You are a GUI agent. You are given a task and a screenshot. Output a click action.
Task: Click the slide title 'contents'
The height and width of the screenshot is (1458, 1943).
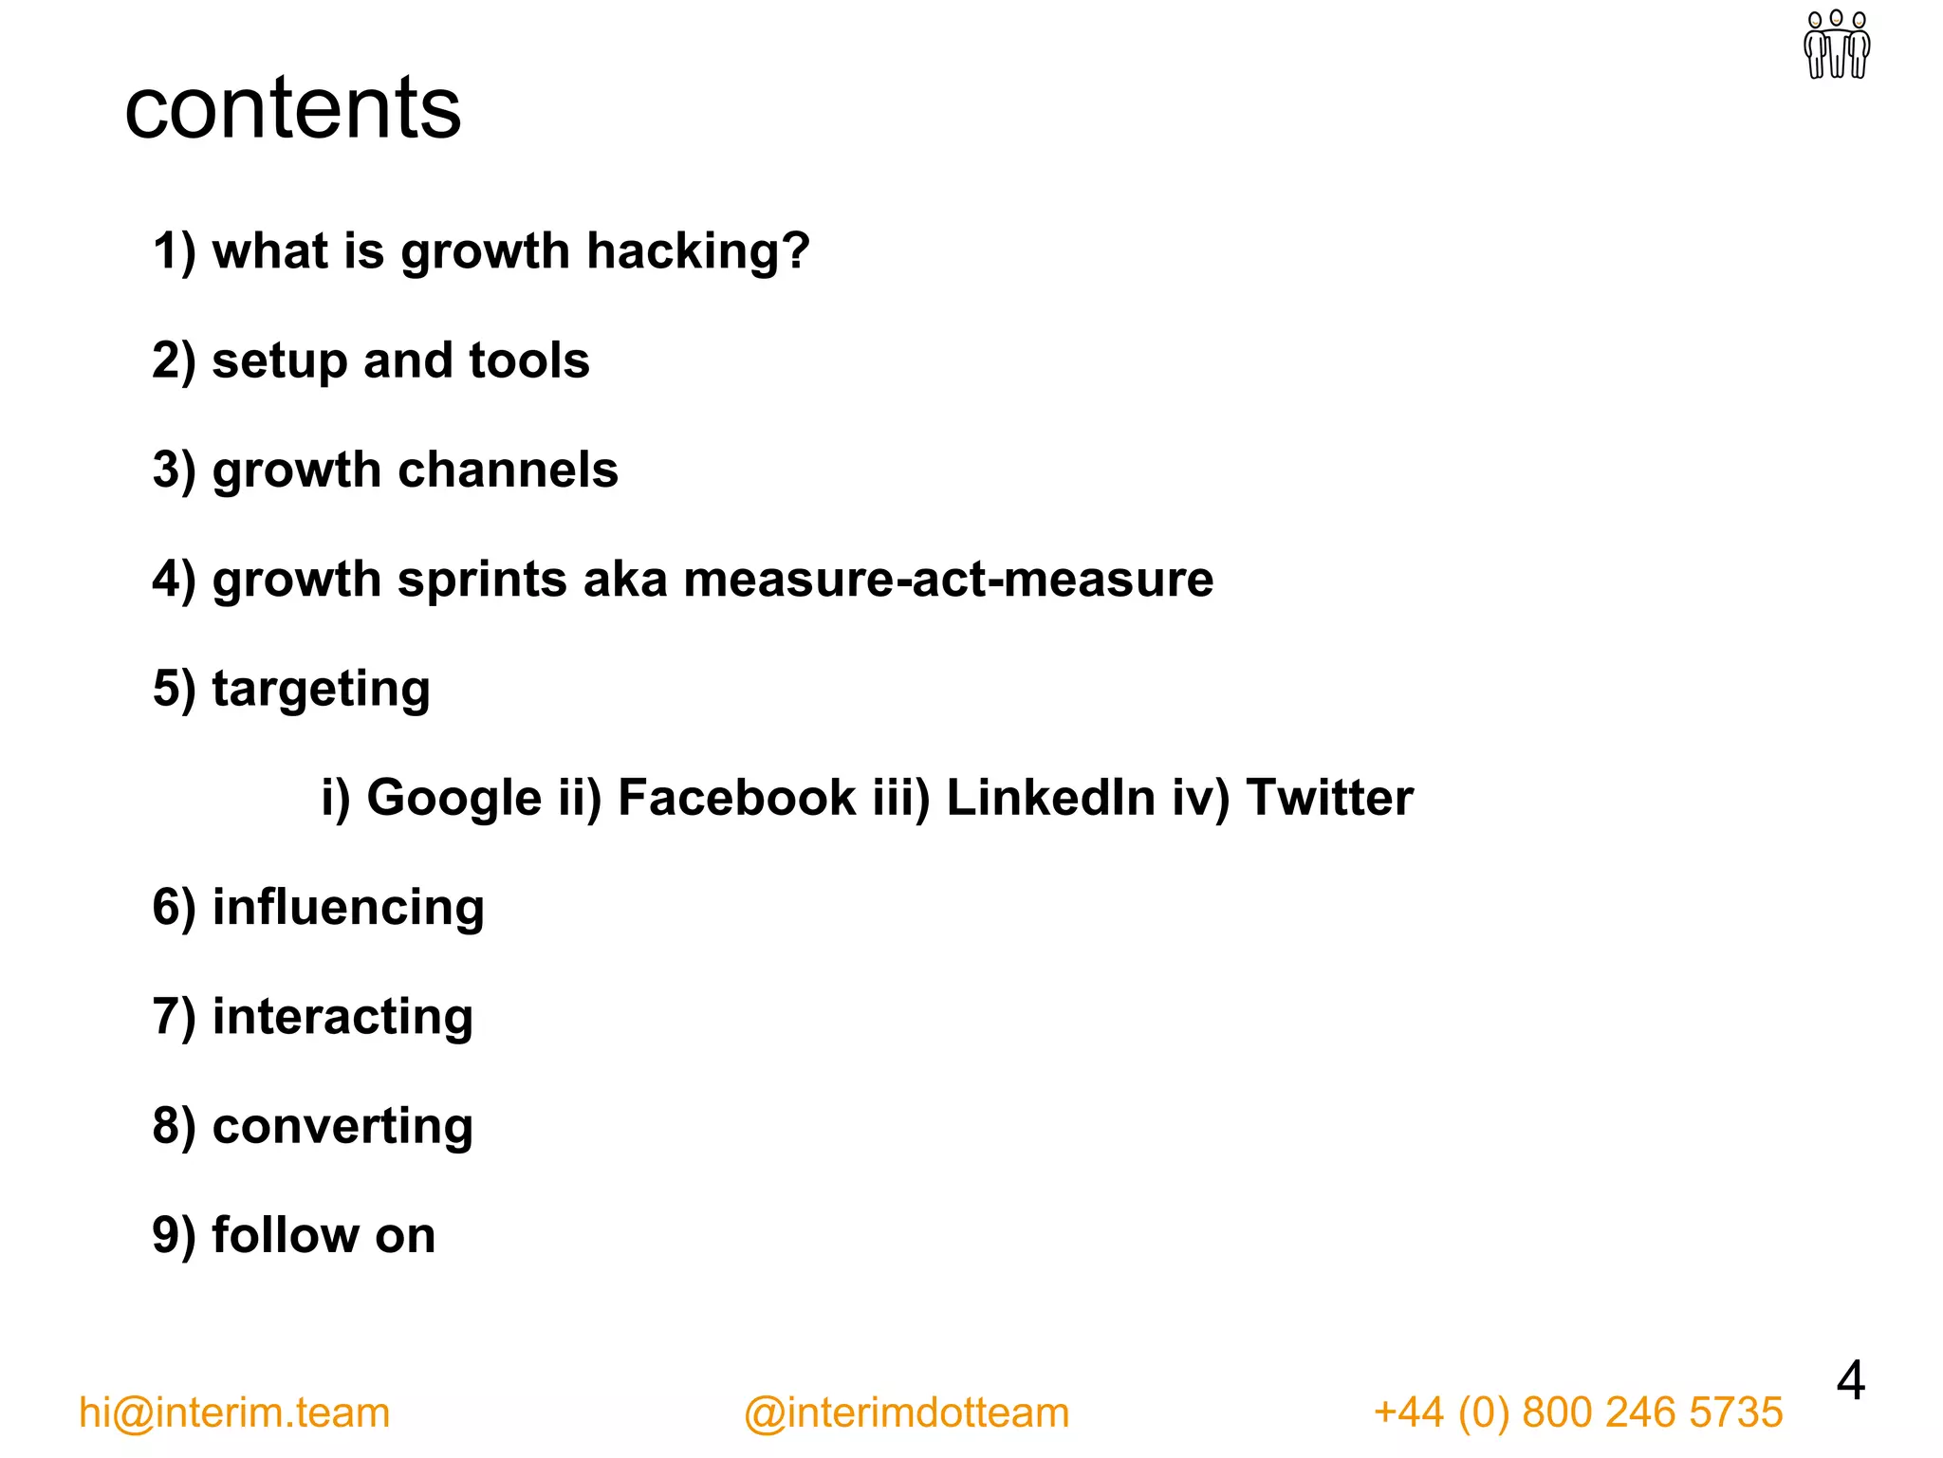click(x=292, y=109)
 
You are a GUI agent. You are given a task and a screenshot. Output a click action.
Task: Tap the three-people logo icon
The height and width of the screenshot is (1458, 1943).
click(x=1837, y=45)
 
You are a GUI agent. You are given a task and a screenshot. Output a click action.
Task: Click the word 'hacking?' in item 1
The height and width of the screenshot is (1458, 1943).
click(x=698, y=251)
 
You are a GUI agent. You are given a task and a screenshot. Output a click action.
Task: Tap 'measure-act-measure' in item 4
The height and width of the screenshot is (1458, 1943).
click(x=948, y=580)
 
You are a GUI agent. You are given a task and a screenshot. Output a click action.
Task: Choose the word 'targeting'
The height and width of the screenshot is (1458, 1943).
click(x=321, y=690)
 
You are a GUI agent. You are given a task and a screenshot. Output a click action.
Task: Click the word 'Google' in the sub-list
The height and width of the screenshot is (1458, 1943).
click(x=454, y=798)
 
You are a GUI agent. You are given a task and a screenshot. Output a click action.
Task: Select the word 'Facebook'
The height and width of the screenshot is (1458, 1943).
click(x=736, y=798)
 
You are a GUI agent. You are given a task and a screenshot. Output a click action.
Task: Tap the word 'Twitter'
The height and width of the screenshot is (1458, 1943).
click(x=1329, y=798)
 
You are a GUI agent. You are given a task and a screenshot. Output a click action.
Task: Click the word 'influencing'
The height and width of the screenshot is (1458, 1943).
click(x=348, y=908)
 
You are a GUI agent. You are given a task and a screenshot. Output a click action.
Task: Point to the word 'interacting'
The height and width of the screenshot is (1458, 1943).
click(x=342, y=1017)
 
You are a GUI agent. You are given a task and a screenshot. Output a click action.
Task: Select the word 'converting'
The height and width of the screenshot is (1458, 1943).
click(x=342, y=1126)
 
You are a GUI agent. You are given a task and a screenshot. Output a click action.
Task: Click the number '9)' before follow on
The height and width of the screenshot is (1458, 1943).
click(x=175, y=1236)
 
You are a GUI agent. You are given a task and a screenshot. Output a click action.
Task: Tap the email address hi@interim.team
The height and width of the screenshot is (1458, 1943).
click(x=234, y=1412)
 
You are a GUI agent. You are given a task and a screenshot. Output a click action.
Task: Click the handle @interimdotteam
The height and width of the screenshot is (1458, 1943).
click(x=906, y=1412)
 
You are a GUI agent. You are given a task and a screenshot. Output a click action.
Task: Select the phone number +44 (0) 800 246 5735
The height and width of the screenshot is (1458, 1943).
click(x=1578, y=1412)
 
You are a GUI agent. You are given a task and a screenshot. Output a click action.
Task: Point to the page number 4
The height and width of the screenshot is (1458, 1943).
click(x=1850, y=1381)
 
